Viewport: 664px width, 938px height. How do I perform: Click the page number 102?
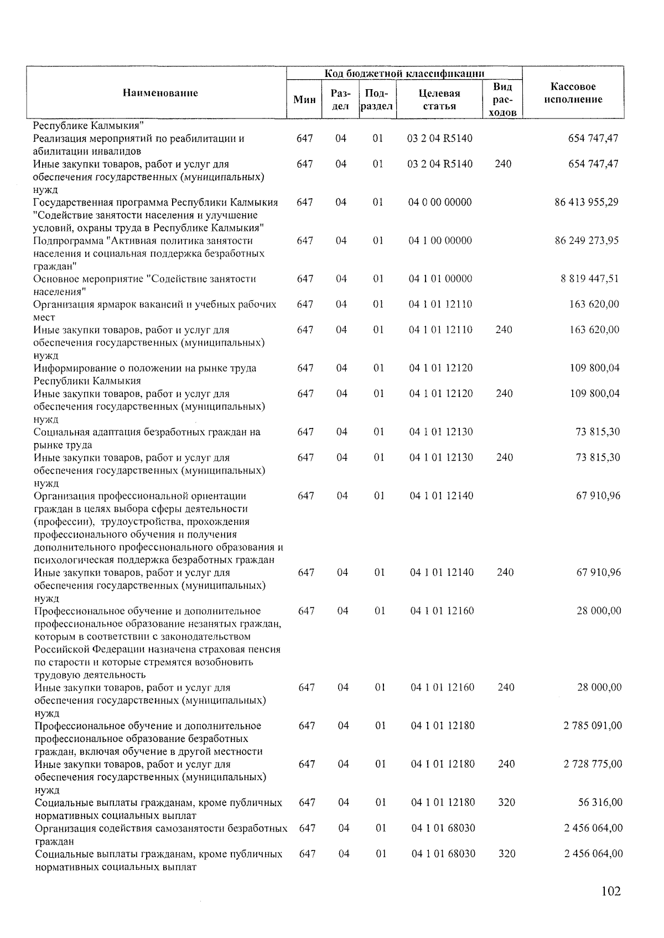click(610, 891)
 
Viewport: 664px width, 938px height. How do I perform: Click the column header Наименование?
click(160, 93)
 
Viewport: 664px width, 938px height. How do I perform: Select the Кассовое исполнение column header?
click(573, 93)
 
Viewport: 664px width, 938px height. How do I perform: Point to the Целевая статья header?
click(439, 100)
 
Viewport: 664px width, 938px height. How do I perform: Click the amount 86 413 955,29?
click(587, 202)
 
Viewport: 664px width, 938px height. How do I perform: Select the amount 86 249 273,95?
click(587, 240)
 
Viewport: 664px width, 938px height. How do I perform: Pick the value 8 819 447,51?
click(590, 279)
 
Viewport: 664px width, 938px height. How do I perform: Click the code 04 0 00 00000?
click(440, 202)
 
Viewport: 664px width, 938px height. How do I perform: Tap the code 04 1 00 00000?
click(440, 240)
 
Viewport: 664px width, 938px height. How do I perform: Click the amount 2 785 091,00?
click(593, 725)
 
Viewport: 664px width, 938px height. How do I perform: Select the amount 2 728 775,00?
click(593, 764)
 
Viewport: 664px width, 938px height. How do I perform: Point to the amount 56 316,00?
click(600, 802)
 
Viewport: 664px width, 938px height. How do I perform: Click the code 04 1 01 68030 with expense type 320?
click(443, 853)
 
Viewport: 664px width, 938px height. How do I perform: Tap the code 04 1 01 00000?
click(440, 279)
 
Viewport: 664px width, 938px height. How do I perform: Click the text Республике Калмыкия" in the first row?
click(89, 125)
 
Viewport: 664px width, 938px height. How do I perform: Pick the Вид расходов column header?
click(502, 100)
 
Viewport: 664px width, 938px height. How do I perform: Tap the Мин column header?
click(304, 100)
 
